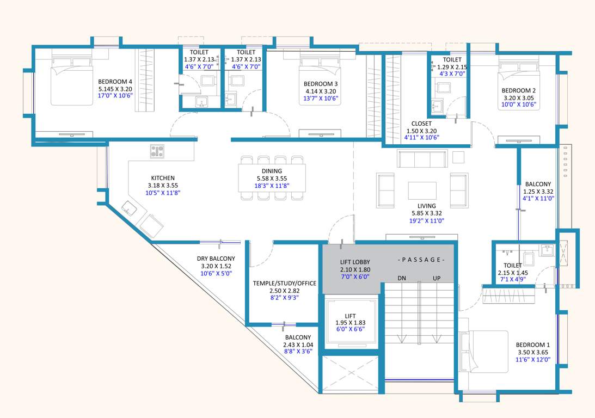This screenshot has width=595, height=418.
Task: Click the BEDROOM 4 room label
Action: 115,81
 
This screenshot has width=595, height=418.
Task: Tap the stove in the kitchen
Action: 157,151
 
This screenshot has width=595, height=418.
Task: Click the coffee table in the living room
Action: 422,190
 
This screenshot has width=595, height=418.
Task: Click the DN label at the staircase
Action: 402,278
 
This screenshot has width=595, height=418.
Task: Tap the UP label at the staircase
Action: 436,278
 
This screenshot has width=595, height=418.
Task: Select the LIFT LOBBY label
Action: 354,262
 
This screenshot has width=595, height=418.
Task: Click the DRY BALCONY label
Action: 216,259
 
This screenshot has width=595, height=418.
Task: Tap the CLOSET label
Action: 422,124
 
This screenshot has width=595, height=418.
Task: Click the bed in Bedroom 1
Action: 484,351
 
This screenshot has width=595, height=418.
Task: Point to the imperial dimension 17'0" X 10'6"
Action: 115,95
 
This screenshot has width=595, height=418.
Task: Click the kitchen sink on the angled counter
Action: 130,208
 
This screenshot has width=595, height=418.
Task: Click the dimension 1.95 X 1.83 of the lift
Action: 350,323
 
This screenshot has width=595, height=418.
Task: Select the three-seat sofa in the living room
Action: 422,159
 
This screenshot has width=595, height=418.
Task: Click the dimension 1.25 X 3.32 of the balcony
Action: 538,192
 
